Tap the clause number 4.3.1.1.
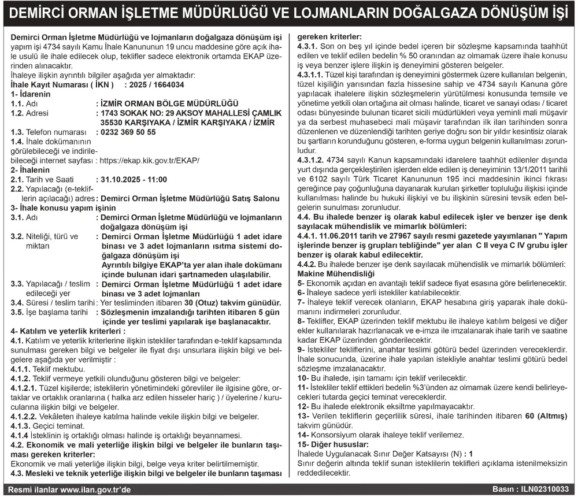click(311, 75)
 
